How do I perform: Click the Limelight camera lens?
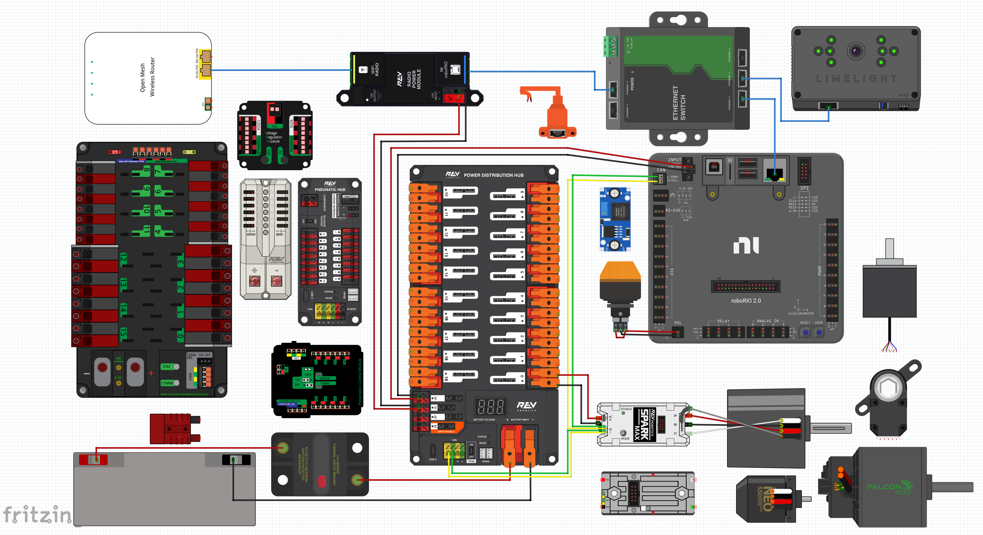[x=856, y=51]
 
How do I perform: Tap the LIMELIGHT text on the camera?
[x=856, y=79]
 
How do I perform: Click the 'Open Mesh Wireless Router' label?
[x=147, y=78]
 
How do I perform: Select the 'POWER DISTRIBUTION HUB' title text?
[x=493, y=175]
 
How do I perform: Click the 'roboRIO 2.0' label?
[x=746, y=300]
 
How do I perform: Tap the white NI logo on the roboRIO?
[x=746, y=245]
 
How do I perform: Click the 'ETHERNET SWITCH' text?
[x=678, y=103]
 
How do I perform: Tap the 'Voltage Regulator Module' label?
[x=274, y=137]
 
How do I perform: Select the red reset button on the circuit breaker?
[x=322, y=481]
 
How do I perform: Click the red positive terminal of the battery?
[x=93, y=459]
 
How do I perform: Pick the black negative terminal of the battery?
[x=236, y=459]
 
